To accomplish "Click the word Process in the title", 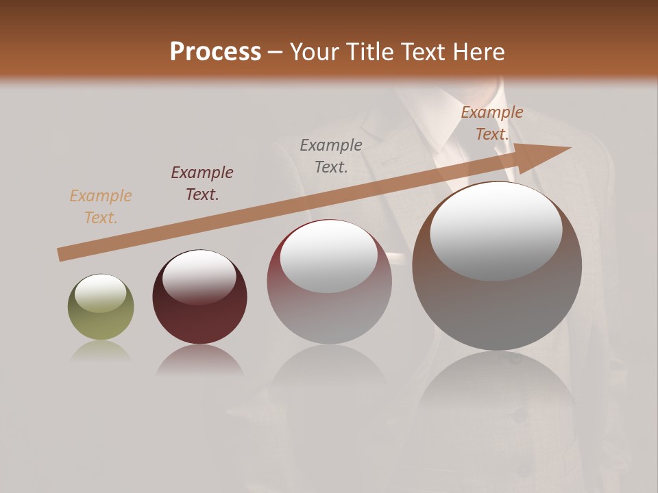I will click(x=215, y=52).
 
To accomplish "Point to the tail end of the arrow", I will click(x=60, y=255).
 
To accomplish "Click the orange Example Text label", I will click(x=101, y=207).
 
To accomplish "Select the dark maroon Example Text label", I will click(x=202, y=184).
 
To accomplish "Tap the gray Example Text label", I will click(x=331, y=155).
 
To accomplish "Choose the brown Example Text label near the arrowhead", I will click(x=491, y=123).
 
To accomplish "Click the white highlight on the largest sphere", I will click(x=496, y=231).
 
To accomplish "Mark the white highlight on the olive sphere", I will click(x=100, y=293).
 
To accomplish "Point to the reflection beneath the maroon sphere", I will click(x=199, y=360).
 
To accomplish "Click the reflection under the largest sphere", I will click(x=497, y=390).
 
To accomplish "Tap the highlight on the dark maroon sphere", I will click(x=199, y=277).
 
